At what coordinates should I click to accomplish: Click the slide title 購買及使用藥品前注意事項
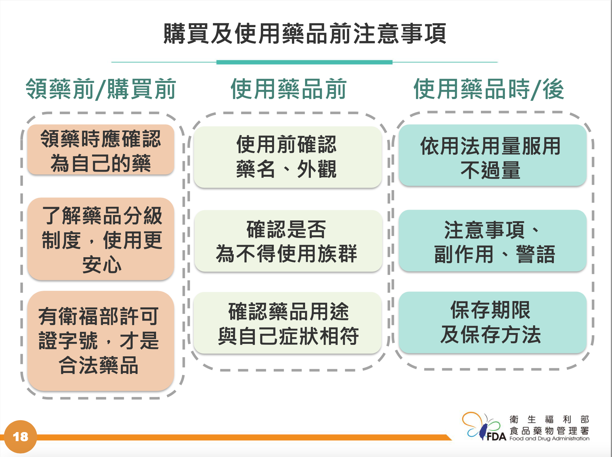click(x=305, y=34)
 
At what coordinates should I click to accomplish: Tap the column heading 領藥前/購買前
click(x=101, y=89)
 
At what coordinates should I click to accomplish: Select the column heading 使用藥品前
click(x=288, y=89)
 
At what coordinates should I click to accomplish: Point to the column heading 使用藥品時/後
click(x=489, y=89)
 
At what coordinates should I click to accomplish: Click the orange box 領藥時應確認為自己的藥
click(x=101, y=150)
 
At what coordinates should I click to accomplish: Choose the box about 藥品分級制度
click(x=101, y=239)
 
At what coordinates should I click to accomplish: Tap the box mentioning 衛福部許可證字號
click(x=101, y=341)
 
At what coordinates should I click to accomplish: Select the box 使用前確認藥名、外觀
click(x=288, y=157)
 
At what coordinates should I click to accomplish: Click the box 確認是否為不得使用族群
click(x=288, y=241)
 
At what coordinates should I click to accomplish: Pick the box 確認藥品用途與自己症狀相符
click(x=288, y=323)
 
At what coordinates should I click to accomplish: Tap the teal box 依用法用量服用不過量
click(x=493, y=155)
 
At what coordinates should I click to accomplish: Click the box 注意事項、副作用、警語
click(x=493, y=241)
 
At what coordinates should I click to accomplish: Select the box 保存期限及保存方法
click(x=493, y=322)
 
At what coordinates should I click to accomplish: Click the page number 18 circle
click(x=20, y=437)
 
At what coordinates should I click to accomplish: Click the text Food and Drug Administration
click(x=549, y=438)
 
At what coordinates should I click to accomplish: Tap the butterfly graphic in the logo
click(x=482, y=426)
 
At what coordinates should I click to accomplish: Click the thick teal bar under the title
click(x=304, y=62)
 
